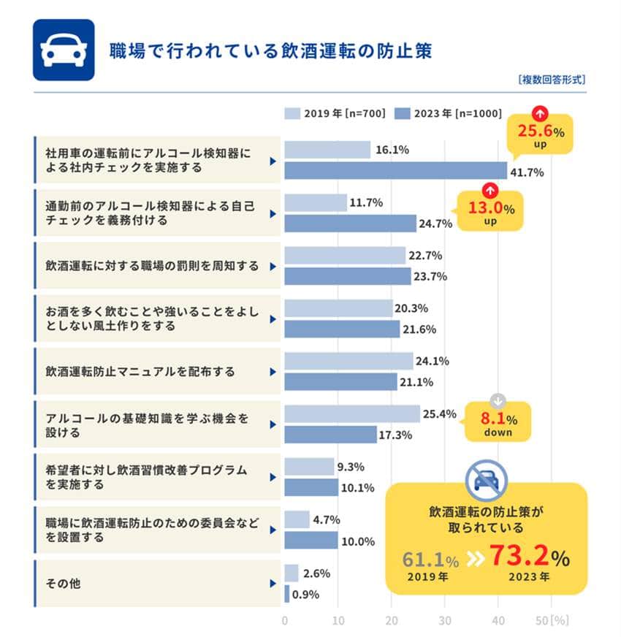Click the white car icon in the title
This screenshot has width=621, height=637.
tap(64, 50)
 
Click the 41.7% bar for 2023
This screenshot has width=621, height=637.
tap(395, 170)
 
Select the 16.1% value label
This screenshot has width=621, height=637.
tap(392, 150)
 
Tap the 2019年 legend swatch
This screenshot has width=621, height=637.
tap(292, 113)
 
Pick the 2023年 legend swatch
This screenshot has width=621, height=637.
tap(402, 113)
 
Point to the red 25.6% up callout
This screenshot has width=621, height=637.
tap(542, 133)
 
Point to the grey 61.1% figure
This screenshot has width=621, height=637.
tap(430, 560)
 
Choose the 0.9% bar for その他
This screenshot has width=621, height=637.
tap(287, 594)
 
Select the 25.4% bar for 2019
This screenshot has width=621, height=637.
tap(352, 414)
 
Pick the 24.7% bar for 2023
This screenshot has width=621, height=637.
tap(350, 224)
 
